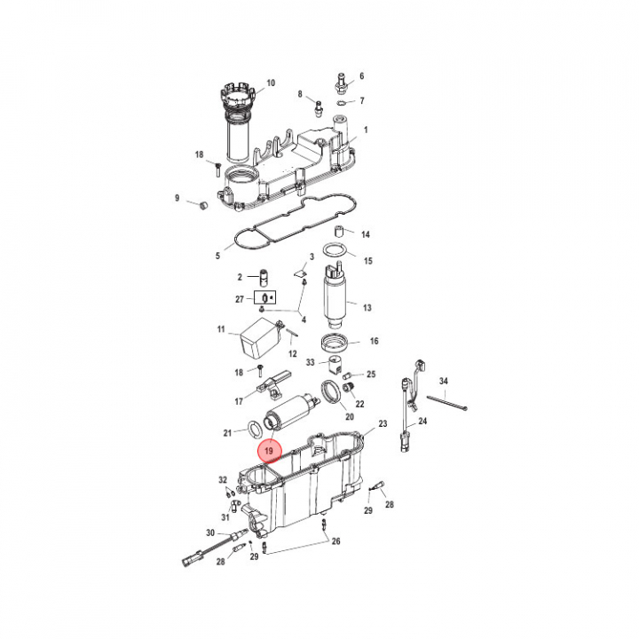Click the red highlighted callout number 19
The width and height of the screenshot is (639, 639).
(x=269, y=451)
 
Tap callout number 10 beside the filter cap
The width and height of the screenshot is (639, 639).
(x=271, y=83)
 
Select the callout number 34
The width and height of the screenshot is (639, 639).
(x=444, y=381)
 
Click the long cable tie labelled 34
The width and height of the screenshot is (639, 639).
(x=446, y=402)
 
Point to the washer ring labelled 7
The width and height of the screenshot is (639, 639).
(x=342, y=101)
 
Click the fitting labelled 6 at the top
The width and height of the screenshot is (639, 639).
(x=340, y=83)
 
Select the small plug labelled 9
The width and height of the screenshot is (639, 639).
(x=203, y=205)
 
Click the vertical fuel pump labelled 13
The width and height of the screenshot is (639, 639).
(x=335, y=296)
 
